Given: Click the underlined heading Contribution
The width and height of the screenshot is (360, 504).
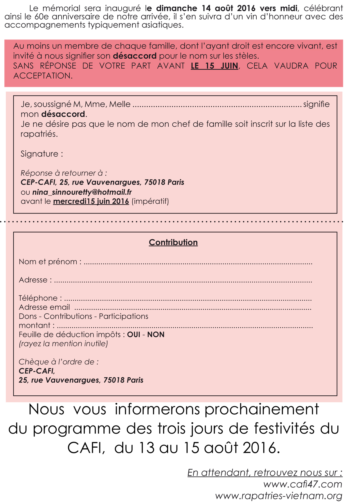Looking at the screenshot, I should [173, 242].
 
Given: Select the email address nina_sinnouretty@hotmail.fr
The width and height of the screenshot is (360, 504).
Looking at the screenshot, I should [82, 192].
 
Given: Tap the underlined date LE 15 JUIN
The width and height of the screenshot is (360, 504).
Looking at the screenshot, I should [215, 66].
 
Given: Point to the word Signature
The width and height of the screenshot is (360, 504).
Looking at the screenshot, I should [39, 154].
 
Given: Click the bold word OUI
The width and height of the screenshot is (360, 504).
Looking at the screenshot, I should [134, 334].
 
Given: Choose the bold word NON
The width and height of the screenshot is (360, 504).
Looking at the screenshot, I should [156, 334].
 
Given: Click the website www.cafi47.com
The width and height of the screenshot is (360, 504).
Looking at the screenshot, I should [303, 484].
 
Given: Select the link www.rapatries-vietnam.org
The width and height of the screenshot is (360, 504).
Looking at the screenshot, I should [278, 496].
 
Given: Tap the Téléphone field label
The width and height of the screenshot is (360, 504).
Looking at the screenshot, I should [38, 298].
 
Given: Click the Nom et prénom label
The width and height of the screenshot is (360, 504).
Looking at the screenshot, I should [48, 262].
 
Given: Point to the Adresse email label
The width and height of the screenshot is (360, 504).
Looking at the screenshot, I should [44, 307].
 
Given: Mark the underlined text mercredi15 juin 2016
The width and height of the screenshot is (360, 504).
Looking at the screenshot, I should [91, 201].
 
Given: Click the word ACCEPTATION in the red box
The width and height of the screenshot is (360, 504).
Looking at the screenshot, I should [42, 76].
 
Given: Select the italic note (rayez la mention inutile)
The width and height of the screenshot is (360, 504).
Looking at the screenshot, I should [63, 344].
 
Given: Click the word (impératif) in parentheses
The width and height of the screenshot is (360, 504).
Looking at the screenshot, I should [150, 201].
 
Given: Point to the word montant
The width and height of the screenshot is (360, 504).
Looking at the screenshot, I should [35, 325].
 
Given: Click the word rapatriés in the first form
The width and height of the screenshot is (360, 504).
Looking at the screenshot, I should [39, 134].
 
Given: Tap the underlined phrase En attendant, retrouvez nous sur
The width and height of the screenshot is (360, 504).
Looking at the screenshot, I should [264, 473].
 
